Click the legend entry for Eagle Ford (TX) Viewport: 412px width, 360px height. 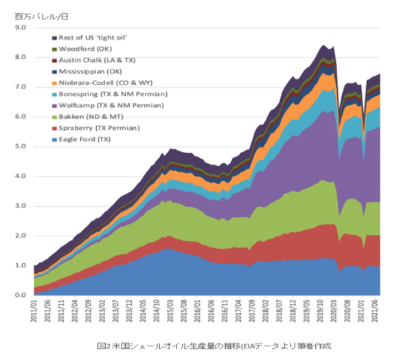(84, 139)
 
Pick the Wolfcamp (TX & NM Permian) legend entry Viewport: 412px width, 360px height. (110, 105)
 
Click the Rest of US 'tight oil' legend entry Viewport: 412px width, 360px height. (93, 37)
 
